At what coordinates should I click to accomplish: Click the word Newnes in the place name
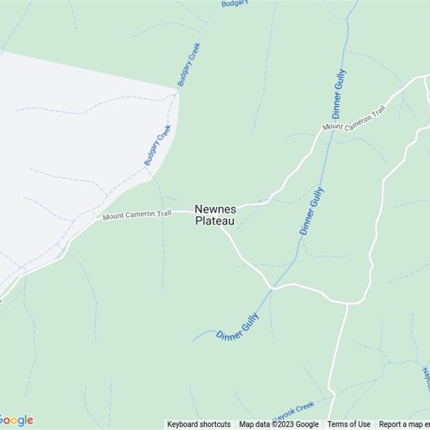coord(214,209)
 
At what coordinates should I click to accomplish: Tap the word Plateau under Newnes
coord(214,220)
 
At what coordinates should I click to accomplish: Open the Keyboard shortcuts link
coord(198,424)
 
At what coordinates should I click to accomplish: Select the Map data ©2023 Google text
coord(279,424)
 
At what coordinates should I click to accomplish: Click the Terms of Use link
coord(349,424)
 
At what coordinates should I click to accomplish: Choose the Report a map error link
coord(404,424)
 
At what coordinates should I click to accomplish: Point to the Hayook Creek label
coord(293,411)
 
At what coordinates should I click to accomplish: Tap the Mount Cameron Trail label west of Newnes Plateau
coord(137,215)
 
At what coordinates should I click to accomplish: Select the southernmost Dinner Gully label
coord(238,327)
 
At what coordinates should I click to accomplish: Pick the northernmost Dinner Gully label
coord(339,94)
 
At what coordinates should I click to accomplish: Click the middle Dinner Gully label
coord(312,211)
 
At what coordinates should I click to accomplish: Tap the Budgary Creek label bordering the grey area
coord(157,145)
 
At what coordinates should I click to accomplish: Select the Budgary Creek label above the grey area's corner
coord(189,64)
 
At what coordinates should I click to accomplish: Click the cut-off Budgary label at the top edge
coord(234,3)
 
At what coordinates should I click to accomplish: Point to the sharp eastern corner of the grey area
coord(179,90)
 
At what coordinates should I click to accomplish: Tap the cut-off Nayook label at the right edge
coord(426,379)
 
